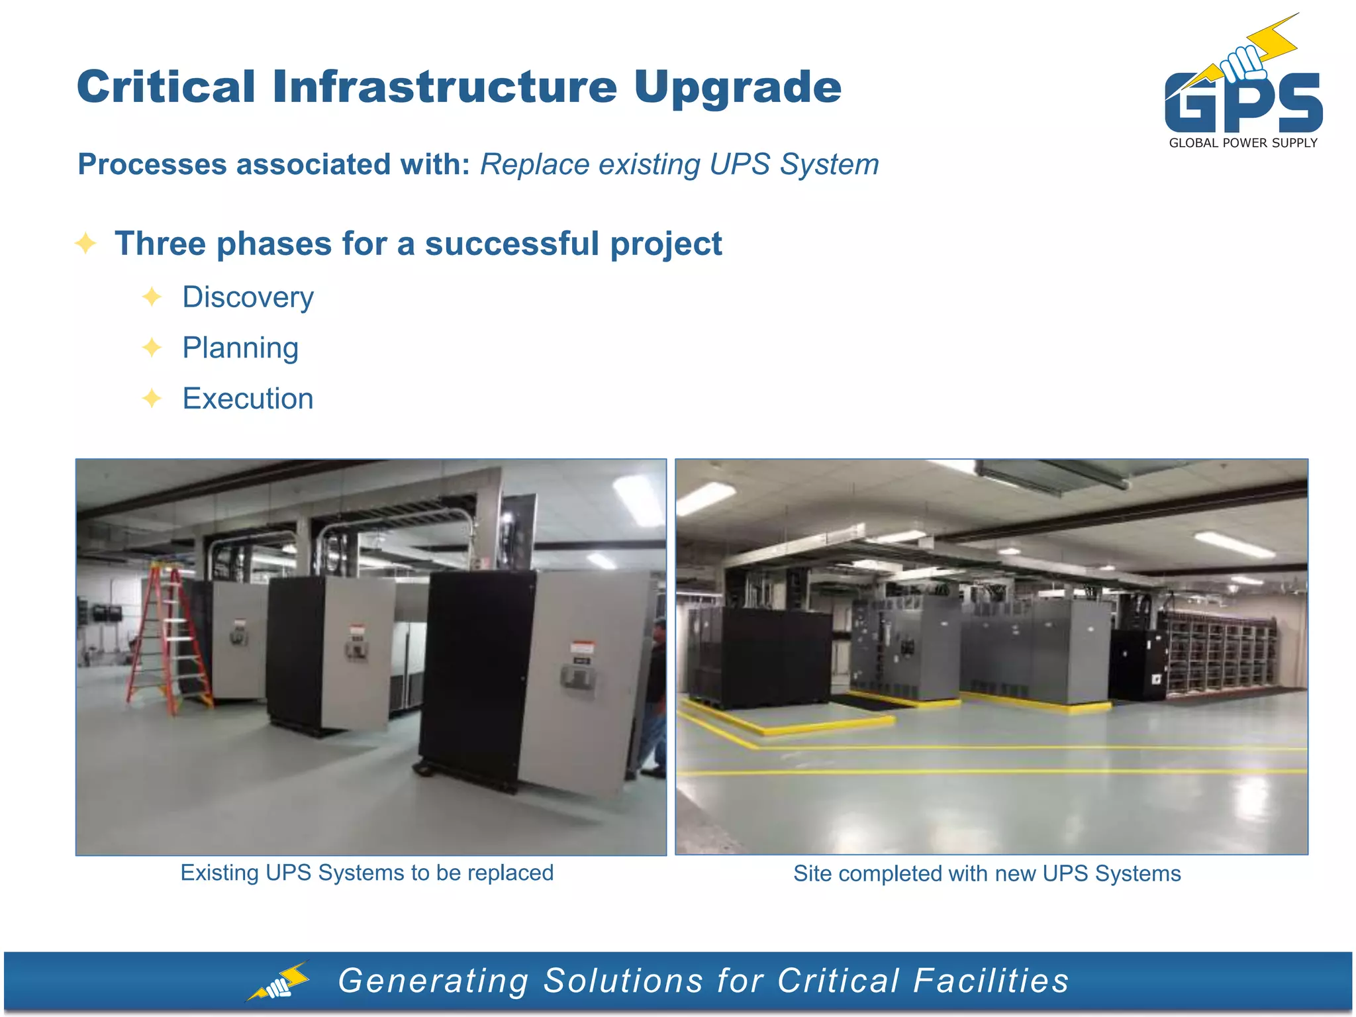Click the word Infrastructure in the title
444,87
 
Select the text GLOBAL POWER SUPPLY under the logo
1243,143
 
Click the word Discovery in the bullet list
248,297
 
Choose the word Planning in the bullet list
240,348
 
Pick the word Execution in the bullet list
248,399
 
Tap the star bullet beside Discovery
152,297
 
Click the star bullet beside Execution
152,399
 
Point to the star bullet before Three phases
86,243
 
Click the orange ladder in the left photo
168,639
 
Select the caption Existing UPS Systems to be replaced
367,873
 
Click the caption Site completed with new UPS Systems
987,873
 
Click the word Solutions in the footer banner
623,981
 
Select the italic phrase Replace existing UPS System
679,164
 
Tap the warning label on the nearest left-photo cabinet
582,648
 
